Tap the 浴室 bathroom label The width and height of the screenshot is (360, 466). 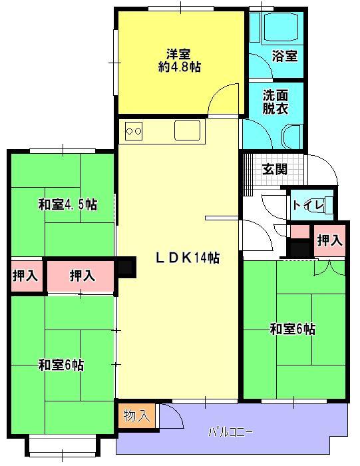(284, 57)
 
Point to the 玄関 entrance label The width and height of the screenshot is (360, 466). (273, 168)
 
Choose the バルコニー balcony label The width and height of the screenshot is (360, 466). (231, 432)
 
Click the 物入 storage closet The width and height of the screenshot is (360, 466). (136, 416)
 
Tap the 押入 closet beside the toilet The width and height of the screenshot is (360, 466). (329, 241)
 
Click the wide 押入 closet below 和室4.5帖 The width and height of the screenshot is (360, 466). (81, 275)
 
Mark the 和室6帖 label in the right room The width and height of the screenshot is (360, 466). (293, 328)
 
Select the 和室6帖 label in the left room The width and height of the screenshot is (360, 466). (61, 364)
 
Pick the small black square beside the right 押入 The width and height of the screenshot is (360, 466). (299, 249)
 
